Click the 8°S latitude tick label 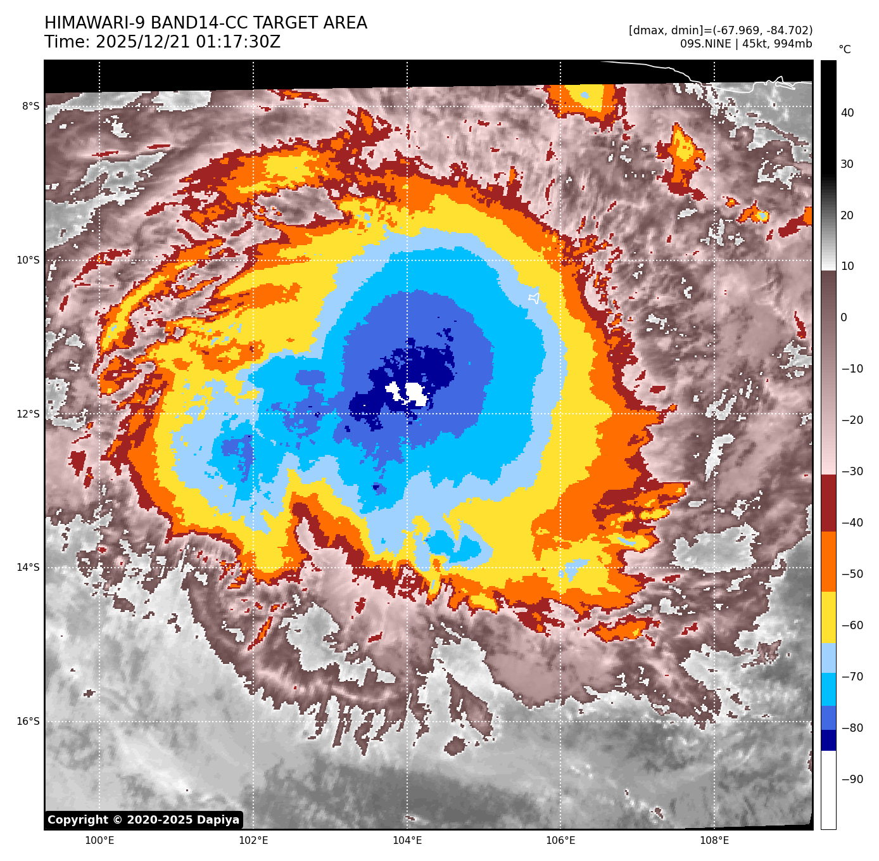pos(30,106)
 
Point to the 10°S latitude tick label pos(28,260)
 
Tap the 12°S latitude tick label pos(28,414)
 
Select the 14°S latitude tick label pos(28,568)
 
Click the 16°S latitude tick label pos(28,722)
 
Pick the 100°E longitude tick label pos(99,841)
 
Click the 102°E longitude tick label pos(253,841)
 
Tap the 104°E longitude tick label pos(407,841)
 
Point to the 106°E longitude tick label pos(561,841)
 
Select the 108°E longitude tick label pos(714,841)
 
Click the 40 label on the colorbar pos(847,113)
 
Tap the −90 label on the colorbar pos(852,779)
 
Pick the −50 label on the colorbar pos(852,575)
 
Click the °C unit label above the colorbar pos(845,49)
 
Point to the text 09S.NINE pos(705,44)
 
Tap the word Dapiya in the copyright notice pos(217,820)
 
